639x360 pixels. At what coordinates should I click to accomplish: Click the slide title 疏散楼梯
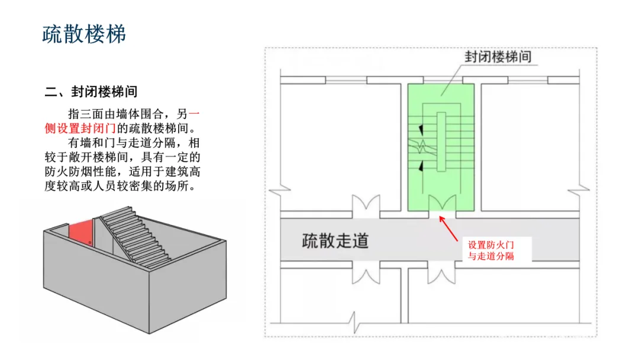tap(84, 34)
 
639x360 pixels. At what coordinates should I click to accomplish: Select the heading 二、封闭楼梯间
tap(91, 92)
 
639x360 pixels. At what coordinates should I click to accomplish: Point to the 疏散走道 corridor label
tap(335, 241)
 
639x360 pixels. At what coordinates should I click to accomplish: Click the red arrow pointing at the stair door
tap(450, 229)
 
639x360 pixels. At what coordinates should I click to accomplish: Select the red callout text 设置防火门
tap(493, 245)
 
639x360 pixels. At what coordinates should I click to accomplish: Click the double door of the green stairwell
tap(441, 204)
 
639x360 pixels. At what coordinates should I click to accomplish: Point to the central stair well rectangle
tap(441, 142)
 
